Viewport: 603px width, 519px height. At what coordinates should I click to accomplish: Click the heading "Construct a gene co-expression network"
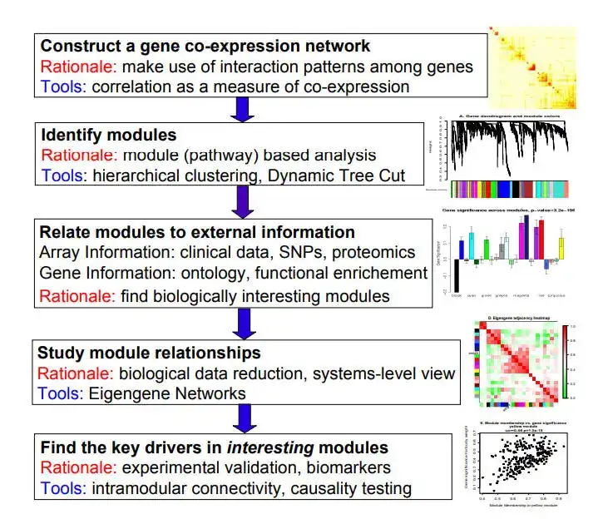click(x=205, y=46)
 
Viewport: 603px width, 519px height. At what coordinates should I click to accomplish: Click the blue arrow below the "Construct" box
click(x=241, y=109)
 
